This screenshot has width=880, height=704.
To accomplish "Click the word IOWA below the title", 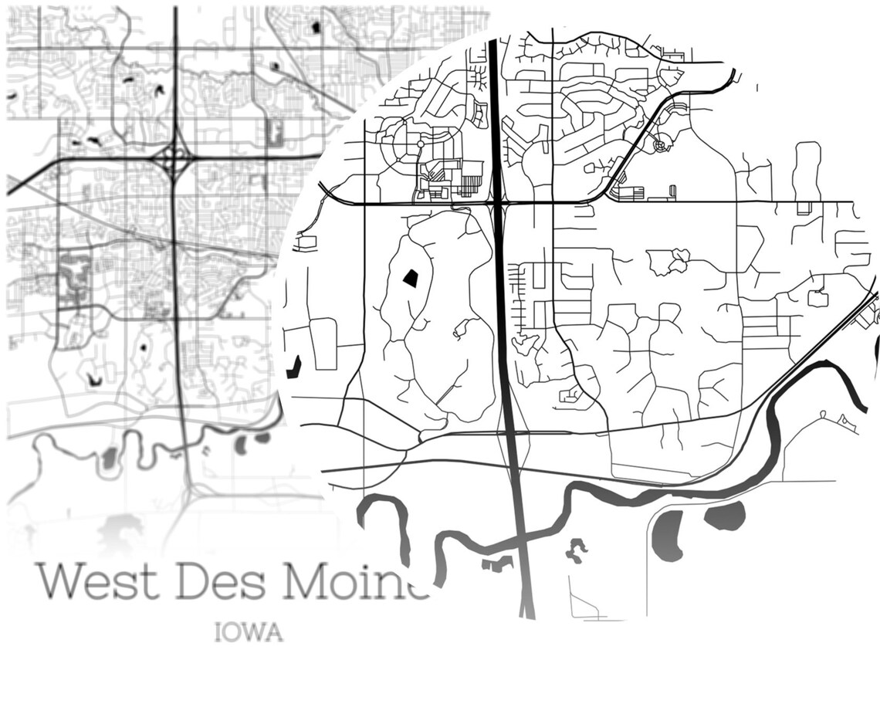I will click(x=249, y=634).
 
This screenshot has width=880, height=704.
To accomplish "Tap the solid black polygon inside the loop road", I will click(x=410, y=279).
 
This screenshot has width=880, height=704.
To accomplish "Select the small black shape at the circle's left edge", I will click(x=293, y=367).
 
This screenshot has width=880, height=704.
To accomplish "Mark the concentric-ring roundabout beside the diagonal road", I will click(x=659, y=144).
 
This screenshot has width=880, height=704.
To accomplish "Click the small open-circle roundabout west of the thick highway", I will click(x=420, y=144).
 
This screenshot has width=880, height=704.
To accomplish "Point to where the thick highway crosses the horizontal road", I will click(x=499, y=203).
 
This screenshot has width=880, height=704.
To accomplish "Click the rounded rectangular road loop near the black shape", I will click(x=323, y=344).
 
